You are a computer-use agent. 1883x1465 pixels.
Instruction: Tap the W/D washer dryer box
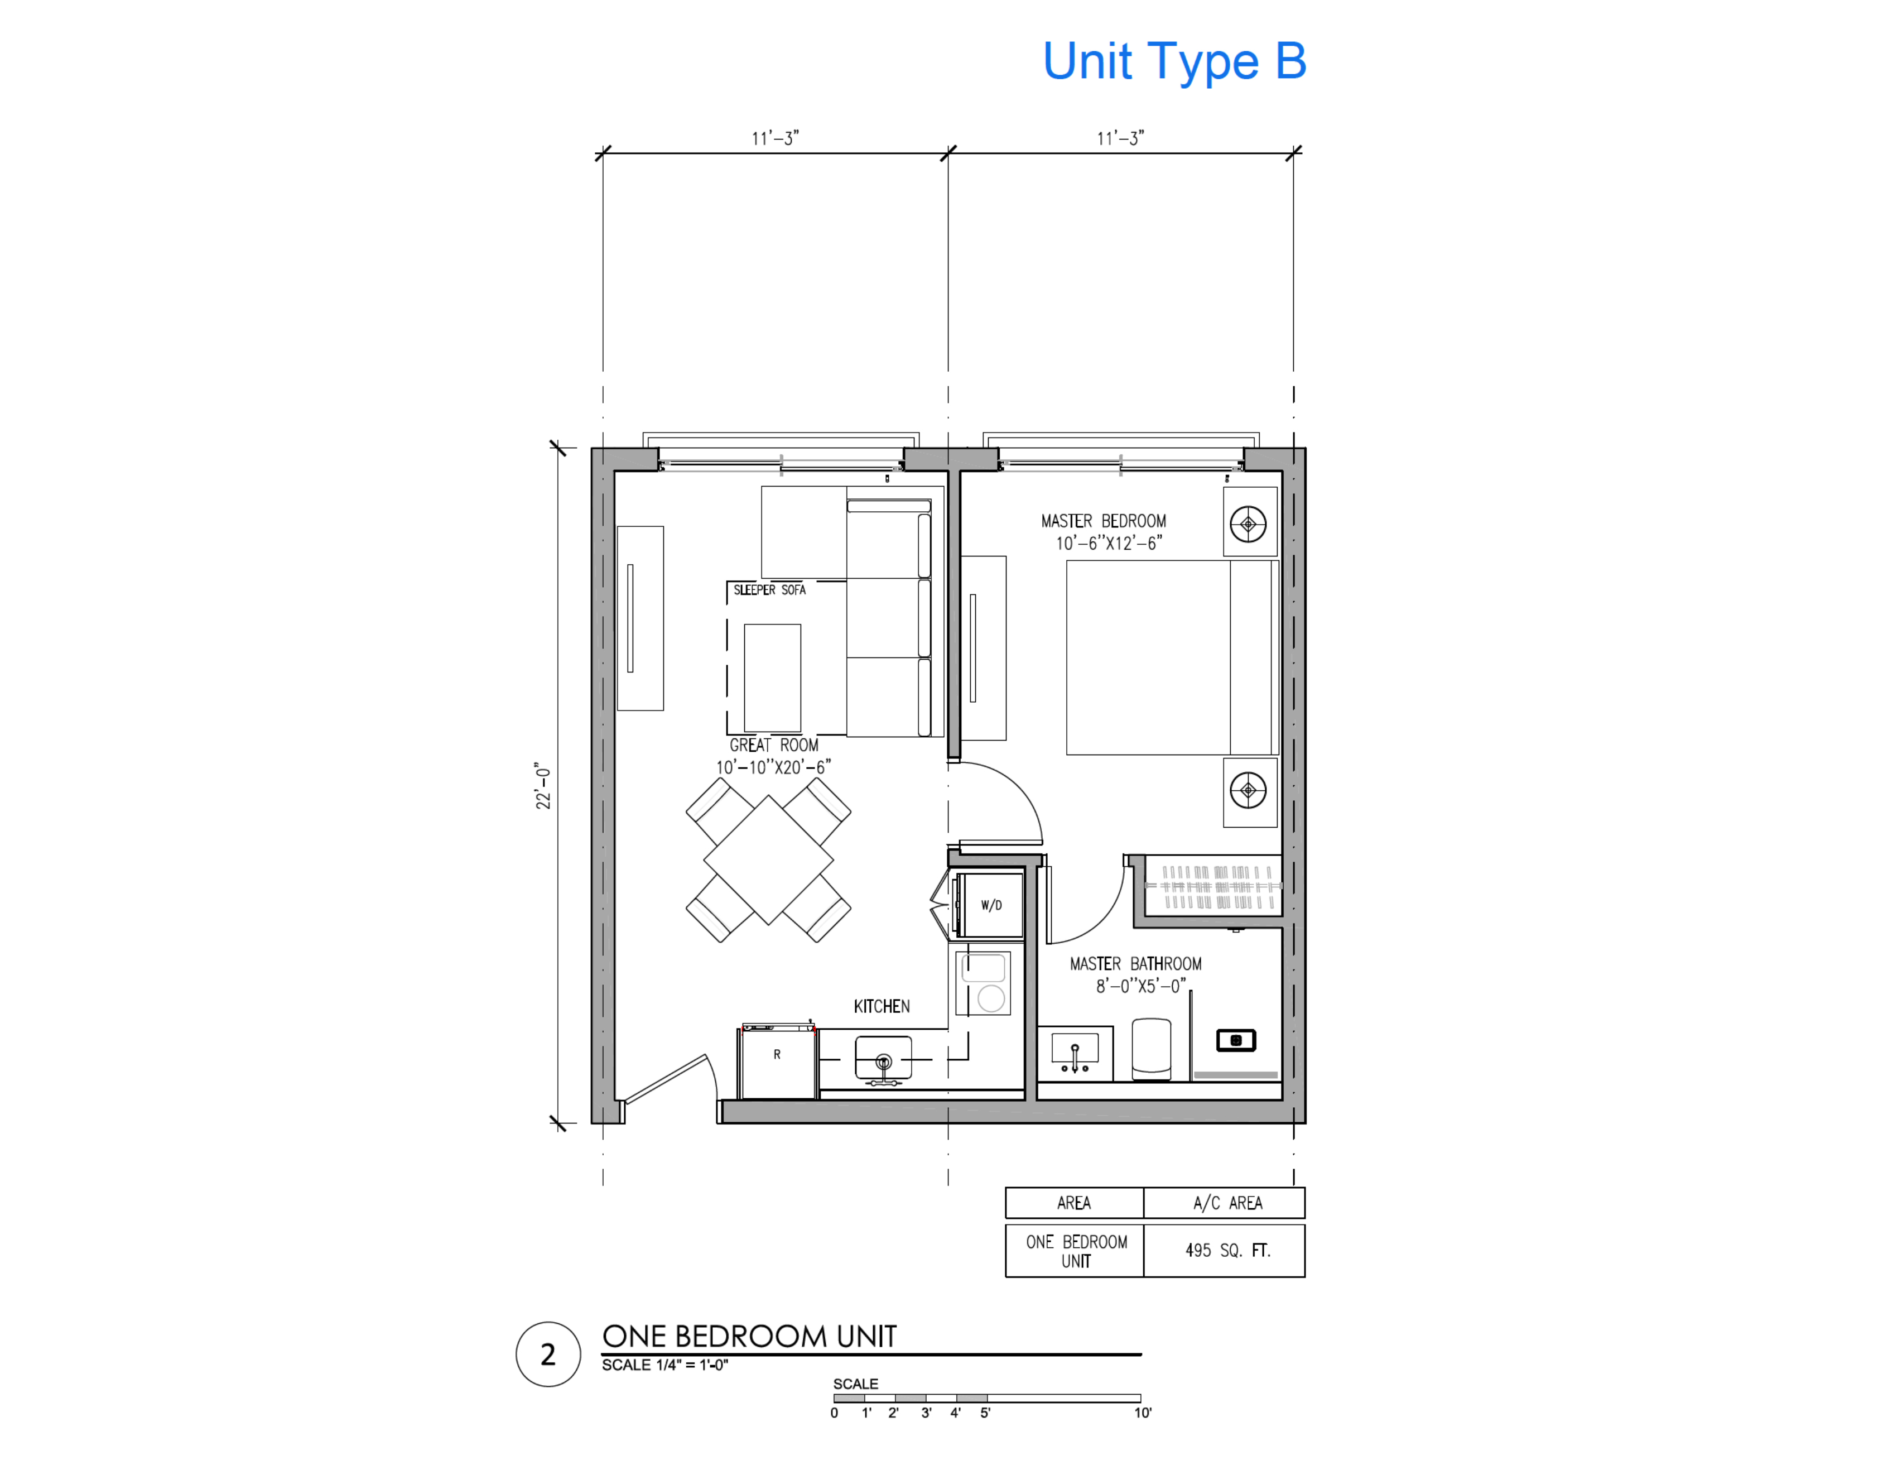click(991, 905)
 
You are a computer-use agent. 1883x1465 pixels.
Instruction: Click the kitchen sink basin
click(883, 1059)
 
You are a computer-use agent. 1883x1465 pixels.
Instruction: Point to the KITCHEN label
click(881, 1006)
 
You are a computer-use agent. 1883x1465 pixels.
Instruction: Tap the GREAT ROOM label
click(773, 745)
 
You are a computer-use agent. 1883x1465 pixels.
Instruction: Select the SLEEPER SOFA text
click(769, 590)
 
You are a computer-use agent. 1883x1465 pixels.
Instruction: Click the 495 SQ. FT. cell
click(1227, 1250)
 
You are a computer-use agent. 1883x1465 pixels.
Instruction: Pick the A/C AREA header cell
click(1227, 1203)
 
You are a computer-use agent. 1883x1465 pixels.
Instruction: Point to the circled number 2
click(547, 1354)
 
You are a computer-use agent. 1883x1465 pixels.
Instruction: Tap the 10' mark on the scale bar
click(1143, 1413)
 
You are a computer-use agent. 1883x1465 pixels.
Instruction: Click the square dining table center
click(768, 859)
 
